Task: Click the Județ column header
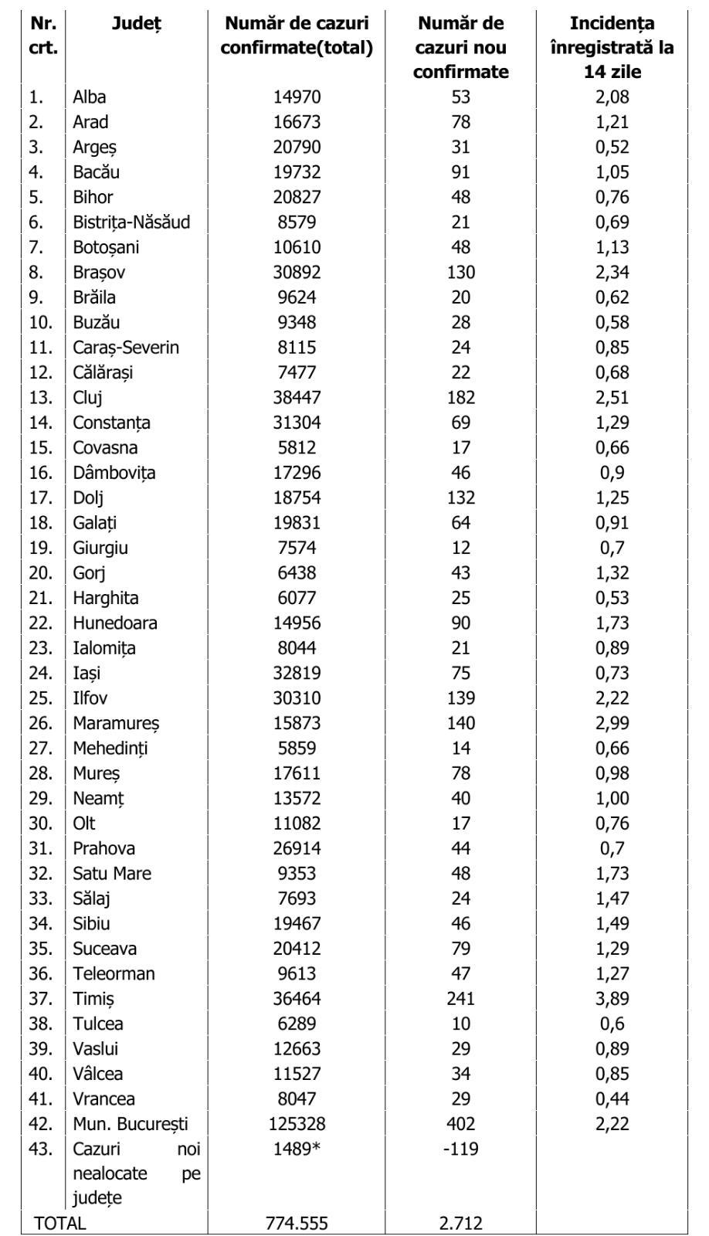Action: (137, 23)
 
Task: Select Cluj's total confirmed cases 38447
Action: (297, 398)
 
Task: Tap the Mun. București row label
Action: (131, 1124)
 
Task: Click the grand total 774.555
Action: (297, 1223)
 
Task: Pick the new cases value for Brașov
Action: (460, 273)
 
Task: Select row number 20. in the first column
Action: (41, 573)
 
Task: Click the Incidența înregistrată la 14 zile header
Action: (612, 47)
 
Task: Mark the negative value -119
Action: (460, 1149)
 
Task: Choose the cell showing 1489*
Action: (297, 1149)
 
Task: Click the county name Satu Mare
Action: (112, 874)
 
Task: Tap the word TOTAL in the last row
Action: (60, 1223)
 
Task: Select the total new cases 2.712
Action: (460, 1223)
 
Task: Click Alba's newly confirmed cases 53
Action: (460, 97)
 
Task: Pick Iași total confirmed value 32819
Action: (297, 673)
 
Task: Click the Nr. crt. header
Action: (43, 36)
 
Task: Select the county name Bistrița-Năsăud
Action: (131, 222)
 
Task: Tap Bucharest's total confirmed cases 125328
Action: (297, 1124)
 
